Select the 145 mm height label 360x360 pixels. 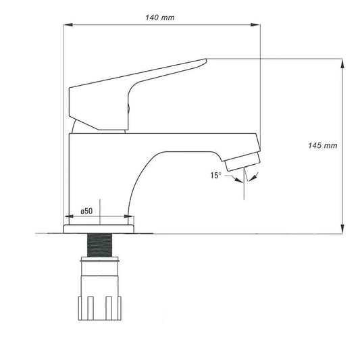click(322, 145)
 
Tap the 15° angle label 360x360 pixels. click(215, 175)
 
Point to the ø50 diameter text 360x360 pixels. click(86, 211)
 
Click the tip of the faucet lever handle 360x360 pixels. click(203, 62)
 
